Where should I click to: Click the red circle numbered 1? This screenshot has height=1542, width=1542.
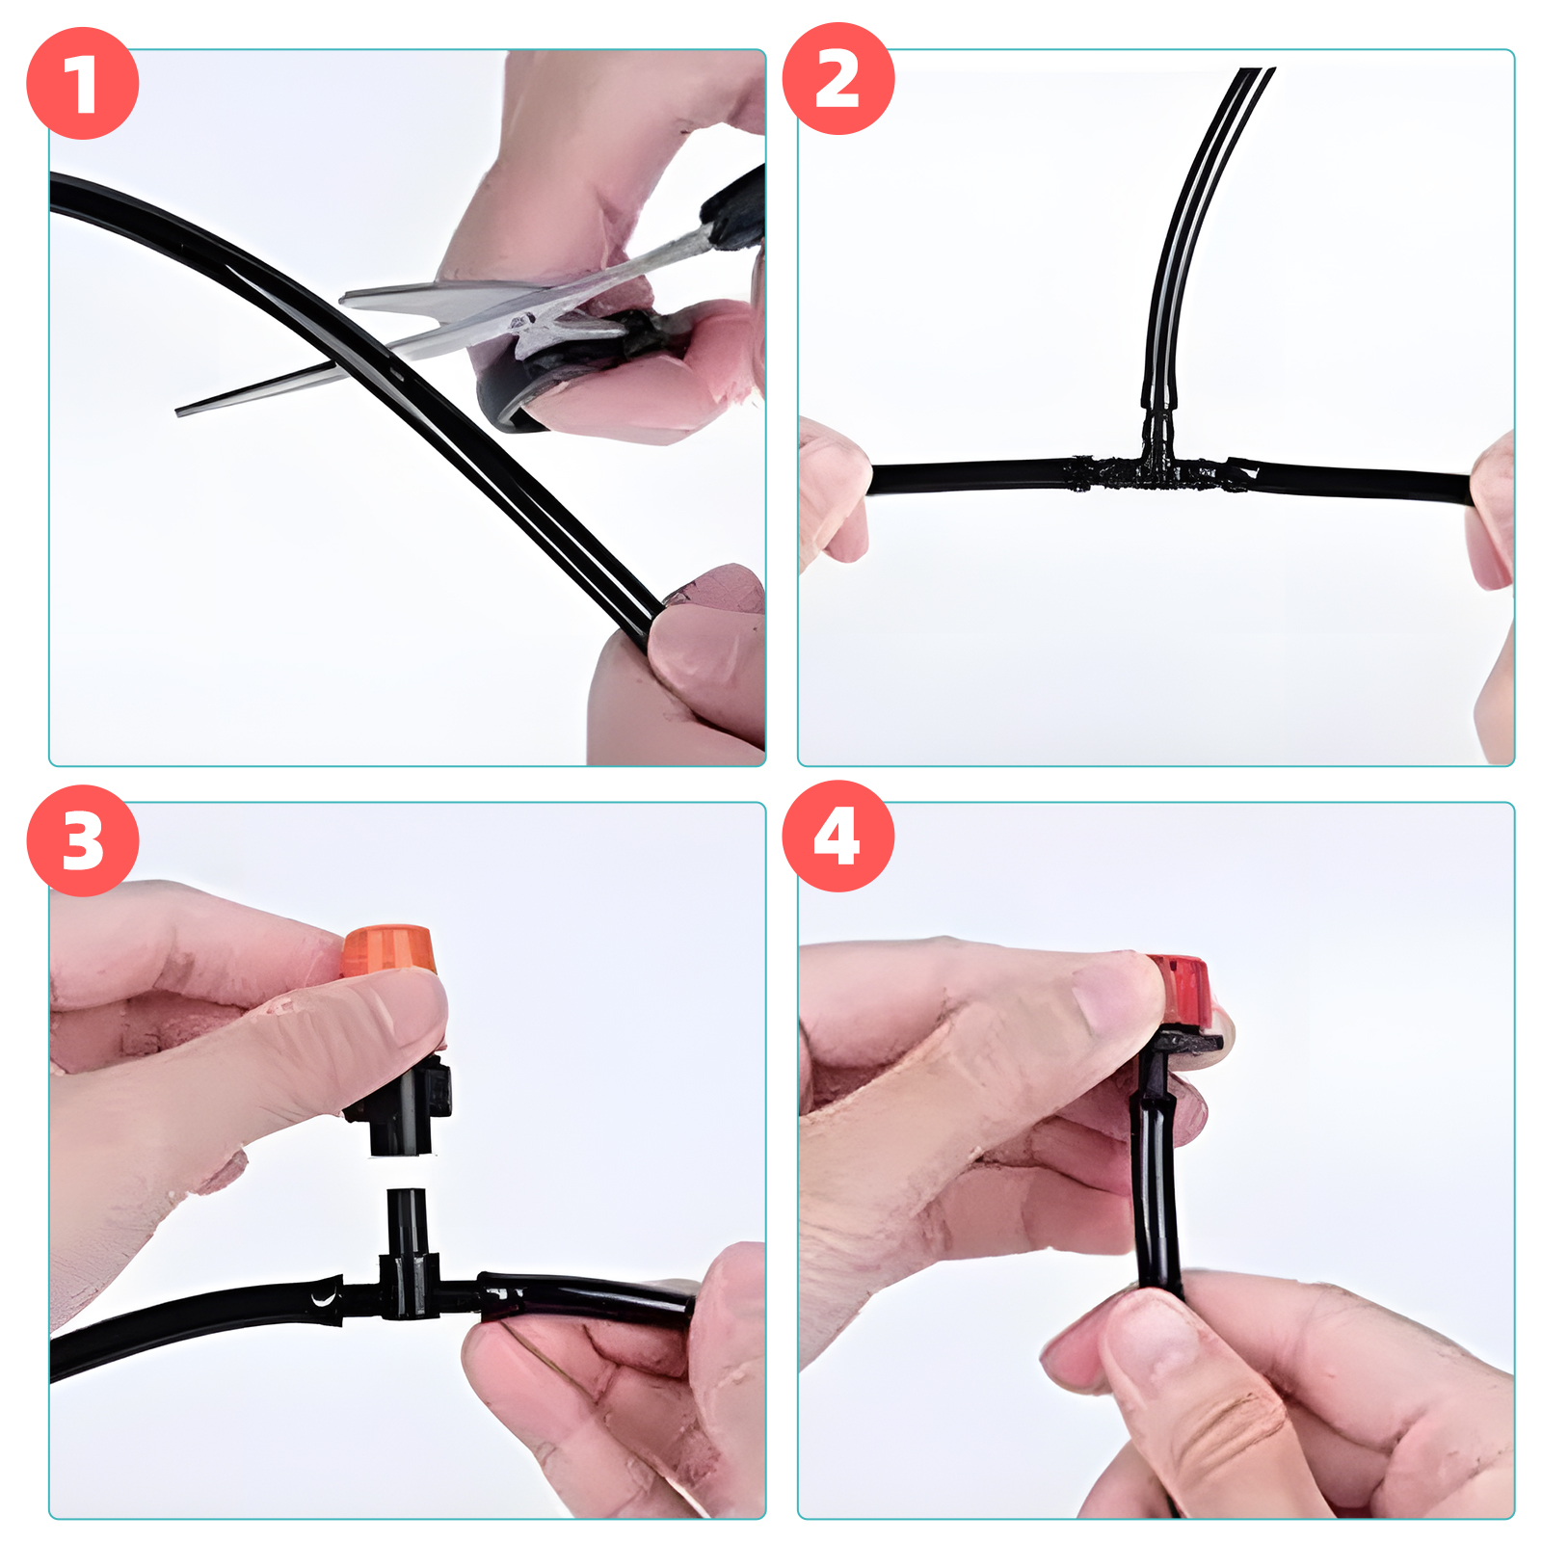click(83, 84)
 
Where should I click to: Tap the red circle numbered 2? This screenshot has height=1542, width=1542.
click(838, 79)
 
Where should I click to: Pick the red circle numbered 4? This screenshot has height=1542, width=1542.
click(838, 837)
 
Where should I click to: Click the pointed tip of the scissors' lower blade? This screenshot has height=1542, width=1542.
click(177, 412)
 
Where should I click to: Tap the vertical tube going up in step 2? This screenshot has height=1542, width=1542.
click(1195, 241)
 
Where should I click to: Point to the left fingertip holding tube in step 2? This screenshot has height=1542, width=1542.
click(837, 487)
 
